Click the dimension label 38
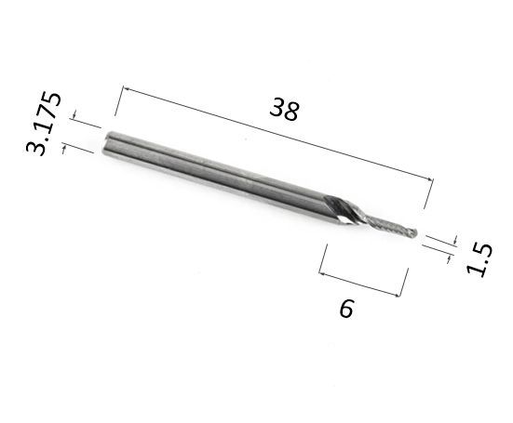284,109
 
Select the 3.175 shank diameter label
44,124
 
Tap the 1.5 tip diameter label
479,260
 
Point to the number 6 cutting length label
346,309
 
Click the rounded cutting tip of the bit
413,232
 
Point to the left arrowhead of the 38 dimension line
126,89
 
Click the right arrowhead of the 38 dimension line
430,178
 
